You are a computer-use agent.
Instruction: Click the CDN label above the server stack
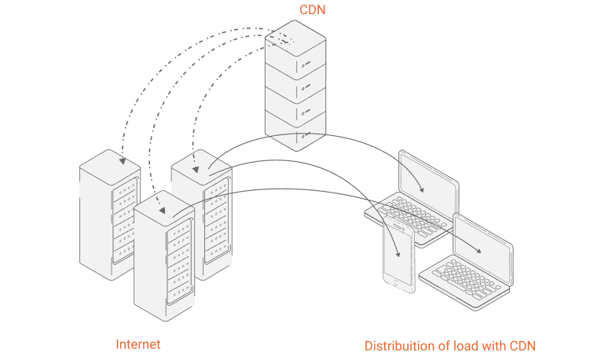click(312, 9)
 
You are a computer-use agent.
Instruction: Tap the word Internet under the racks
click(138, 344)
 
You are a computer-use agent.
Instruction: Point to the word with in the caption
click(496, 346)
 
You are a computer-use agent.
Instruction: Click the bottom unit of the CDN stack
click(298, 130)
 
